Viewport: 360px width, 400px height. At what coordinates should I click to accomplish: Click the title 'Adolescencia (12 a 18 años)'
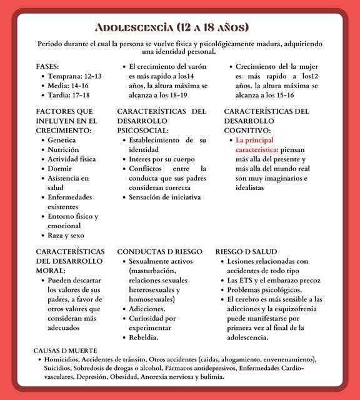click(x=172, y=27)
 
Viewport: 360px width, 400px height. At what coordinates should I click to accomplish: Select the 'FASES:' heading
click(x=47, y=66)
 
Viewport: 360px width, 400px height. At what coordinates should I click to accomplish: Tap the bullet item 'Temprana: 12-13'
click(x=74, y=76)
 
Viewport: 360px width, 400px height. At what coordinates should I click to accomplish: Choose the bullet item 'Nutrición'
click(x=63, y=150)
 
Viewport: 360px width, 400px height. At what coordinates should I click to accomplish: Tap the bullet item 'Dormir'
click(x=60, y=169)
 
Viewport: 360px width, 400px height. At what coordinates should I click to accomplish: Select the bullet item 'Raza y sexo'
click(x=66, y=236)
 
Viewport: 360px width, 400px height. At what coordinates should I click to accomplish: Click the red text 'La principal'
click(x=254, y=140)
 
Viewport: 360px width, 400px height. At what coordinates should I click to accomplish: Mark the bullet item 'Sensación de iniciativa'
click(x=164, y=197)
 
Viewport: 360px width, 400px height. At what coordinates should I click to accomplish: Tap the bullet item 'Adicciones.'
click(x=147, y=309)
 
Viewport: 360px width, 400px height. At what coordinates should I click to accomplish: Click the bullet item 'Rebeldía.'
click(x=143, y=337)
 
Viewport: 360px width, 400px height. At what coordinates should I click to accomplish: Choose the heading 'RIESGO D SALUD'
click(x=246, y=251)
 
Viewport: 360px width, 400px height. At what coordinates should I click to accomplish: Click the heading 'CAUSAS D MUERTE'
click(x=66, y=351)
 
